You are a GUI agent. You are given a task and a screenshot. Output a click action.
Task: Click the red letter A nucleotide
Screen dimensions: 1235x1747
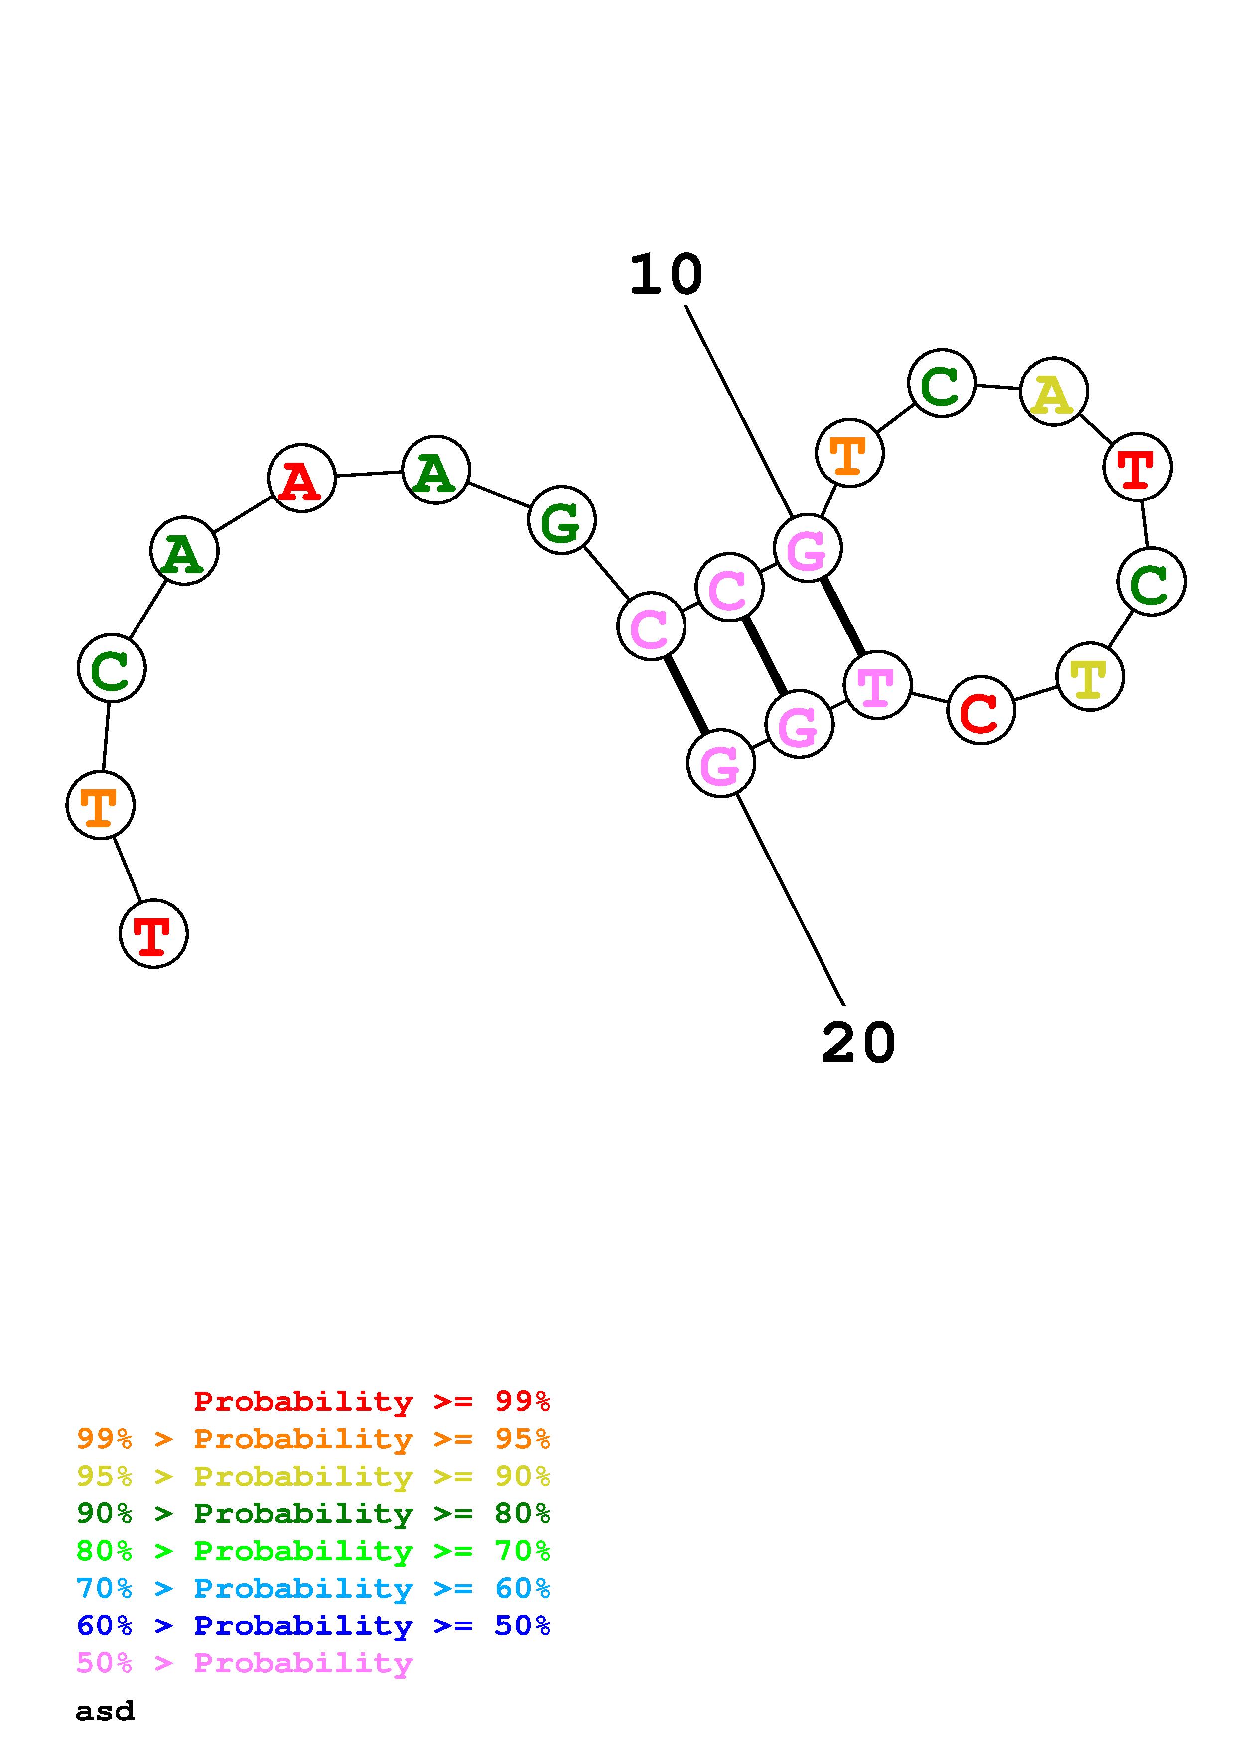pyautogui.click(x=301, y=479)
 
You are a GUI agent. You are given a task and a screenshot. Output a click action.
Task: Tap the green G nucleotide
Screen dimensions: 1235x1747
pyautogui.click(x=561, y=520)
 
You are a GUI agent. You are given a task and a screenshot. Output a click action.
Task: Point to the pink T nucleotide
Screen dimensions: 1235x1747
pyautogui.click(x=877, y=685)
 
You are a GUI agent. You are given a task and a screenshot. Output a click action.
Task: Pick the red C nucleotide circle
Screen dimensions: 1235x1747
pyautogui.click(x=981, y=710)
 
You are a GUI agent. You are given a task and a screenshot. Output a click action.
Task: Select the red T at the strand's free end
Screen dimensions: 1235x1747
pyautogui.click(x=154, y=934)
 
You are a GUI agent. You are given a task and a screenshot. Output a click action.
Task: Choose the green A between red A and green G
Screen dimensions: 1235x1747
pyautogui.click(x=435, y=470)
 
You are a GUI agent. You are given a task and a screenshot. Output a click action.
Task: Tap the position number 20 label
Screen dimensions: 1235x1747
pyautogui.click(x=858, y=1043)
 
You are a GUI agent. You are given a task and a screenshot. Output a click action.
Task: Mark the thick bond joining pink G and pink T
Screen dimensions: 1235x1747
pyautogui.click(x=842, y=617)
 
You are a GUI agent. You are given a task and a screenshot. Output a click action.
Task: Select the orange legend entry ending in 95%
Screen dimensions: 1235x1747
pyautogui.click(x=313, y=1439)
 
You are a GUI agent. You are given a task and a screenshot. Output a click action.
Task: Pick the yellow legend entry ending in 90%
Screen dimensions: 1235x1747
pyautogui.click(x=313, y=1476)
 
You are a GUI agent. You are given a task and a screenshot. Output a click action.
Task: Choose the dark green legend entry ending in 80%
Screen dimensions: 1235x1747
pyautogui.click(x=313, y=1513)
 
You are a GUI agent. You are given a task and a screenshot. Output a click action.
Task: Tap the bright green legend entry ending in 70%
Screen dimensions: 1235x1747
pyautogui.click(x=313, y=1551)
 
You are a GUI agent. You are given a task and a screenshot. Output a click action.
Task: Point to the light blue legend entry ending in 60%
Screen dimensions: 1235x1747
pyautogui.click(x=313, y=1588)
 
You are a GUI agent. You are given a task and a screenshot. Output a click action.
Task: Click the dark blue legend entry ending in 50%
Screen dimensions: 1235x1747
pyautogui.click(x=313, y=1625)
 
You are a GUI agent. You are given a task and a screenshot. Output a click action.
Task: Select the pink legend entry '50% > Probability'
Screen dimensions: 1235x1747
pyautogui.click(x=244, y=1662)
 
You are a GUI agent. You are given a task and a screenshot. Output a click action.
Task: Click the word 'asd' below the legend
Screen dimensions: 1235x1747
pyautogui.click(x=105, y=1711)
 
